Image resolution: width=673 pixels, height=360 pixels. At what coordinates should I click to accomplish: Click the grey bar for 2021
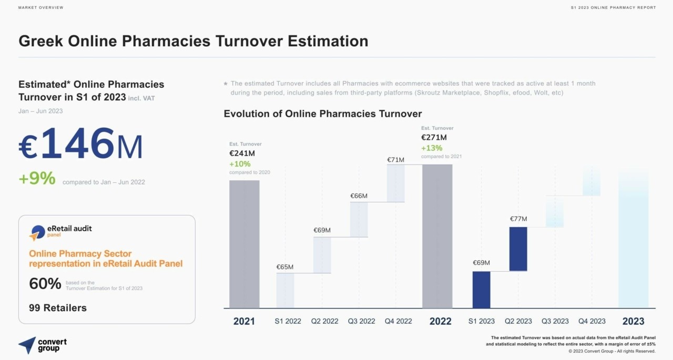[244, 244]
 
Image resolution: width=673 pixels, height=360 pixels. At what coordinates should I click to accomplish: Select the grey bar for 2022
[437, 236]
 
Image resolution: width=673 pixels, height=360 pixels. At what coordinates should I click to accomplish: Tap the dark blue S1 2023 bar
[481, 290]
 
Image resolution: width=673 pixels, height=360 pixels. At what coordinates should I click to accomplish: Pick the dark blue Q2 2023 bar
[518, 249]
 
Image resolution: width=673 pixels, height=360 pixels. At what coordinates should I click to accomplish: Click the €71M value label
[395, 160]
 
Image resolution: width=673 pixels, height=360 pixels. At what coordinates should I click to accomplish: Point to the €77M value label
[518, 219]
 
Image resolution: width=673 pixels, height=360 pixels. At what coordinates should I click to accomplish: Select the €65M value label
[285, 267]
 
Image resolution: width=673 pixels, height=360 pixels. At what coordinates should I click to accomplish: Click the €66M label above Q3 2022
[359, 196]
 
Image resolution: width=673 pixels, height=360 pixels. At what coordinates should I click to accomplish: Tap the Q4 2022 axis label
[398, 321]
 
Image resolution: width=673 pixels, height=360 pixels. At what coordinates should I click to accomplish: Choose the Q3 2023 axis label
[555, 321]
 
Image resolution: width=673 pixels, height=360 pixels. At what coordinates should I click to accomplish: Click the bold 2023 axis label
[633, 321]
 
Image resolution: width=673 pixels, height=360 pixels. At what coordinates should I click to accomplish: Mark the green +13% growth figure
[432, 148]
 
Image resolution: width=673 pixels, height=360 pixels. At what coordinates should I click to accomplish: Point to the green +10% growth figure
[240, 164]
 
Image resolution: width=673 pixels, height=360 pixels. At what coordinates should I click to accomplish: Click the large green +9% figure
[37, 179]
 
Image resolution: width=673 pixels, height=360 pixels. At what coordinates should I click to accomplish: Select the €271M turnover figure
[434, 138]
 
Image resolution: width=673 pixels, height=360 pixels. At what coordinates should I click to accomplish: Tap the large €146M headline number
[80, 144]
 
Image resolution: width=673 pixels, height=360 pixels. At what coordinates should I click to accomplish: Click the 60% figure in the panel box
[45, 284]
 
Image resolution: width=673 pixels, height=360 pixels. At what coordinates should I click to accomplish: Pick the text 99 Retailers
[58, 308]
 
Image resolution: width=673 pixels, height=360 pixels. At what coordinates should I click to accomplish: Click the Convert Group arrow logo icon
[27, 345]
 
